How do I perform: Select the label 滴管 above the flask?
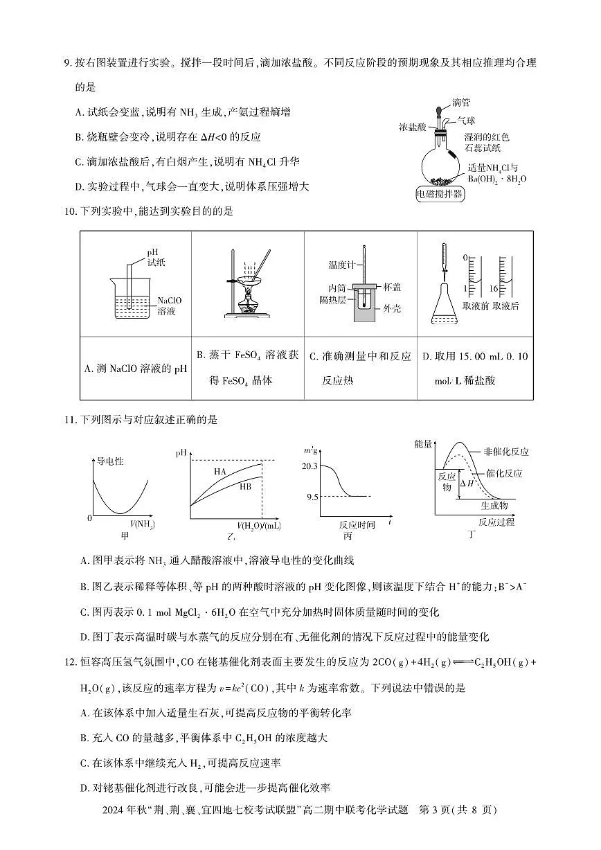pos(461,103)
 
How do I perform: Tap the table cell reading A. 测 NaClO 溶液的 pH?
pos(136,369)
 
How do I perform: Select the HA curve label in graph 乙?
pos(220,471)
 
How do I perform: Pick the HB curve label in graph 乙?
pos(245,486)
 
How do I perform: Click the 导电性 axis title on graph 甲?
pos(109,461)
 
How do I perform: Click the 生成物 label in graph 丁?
pos(494,505)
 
